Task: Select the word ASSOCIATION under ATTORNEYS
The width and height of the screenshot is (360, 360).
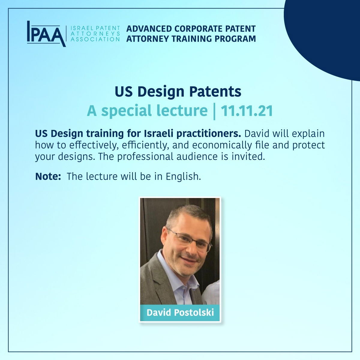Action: click(95, 39)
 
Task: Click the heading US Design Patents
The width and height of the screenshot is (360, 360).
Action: click(178, 92)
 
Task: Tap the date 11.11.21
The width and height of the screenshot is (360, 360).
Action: click(247, 111)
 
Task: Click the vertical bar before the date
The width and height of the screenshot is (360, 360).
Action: click(214, 112)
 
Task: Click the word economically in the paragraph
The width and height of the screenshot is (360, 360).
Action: click(222, 145)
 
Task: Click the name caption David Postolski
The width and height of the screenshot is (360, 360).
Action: click(180, 312)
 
